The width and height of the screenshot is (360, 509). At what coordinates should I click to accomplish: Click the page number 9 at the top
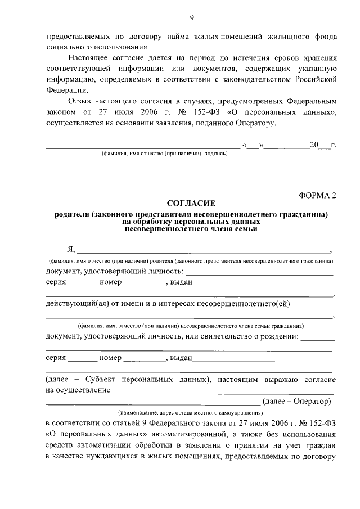pos(191,17)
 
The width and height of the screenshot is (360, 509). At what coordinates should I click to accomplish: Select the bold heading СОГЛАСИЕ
pos(191,204)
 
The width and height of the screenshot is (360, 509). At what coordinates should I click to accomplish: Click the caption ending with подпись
pos(164,154)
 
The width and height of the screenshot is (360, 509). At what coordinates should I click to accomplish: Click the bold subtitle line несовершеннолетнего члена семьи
pos(191,228)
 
